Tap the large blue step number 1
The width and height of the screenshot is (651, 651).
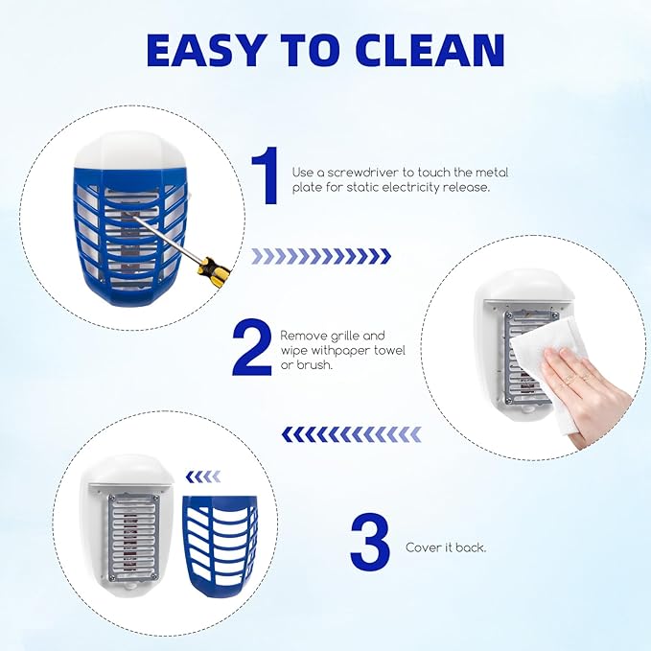tap(264, 177)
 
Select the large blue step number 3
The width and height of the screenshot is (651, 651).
tap(369, 544)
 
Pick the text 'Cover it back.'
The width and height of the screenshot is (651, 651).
tap(446, 547)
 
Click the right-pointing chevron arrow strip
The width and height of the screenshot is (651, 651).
tap(321, 256)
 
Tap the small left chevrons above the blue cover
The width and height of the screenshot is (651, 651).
tap(202, 477)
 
